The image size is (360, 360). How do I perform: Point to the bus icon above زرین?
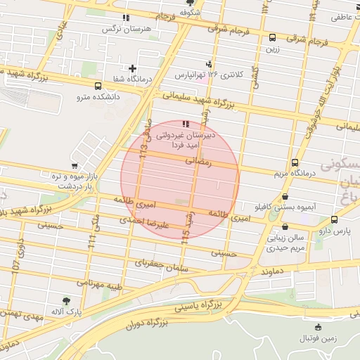(272, 38)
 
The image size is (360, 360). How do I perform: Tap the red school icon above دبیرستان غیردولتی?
(185, 124)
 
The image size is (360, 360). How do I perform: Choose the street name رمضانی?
(197, 161)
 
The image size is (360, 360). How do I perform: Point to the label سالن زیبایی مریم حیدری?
(285, 243)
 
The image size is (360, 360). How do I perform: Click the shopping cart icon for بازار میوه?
(75, 166)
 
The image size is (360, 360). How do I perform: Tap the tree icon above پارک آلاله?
(66, 301)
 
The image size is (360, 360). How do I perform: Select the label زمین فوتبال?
(319, 338)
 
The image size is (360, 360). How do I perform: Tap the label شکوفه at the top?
(190, 13)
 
